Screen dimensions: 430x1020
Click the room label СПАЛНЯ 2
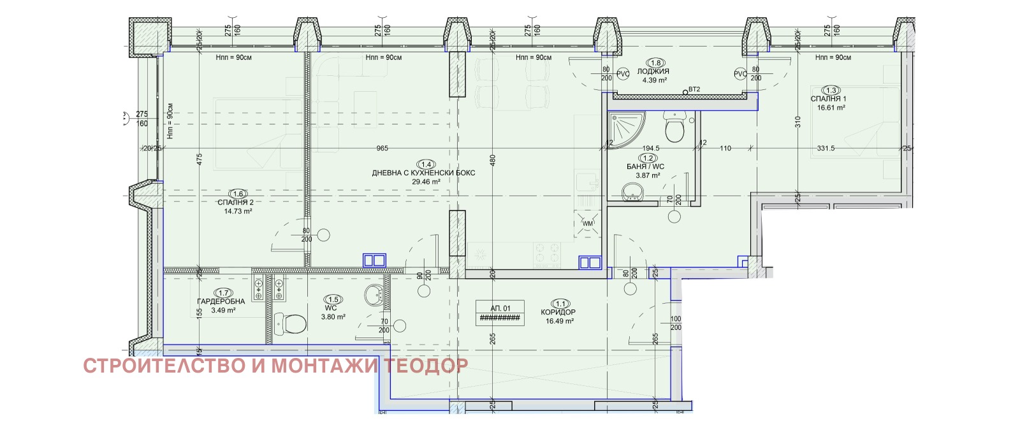[235, 202]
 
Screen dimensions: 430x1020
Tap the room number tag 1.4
[426, 165]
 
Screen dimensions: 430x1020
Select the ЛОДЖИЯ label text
[653, 71]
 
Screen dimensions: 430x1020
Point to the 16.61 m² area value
[831, 108]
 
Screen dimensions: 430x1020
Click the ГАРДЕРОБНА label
[221, 302]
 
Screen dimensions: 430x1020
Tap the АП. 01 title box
[500, 313]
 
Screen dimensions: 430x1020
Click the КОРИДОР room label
[558, 312]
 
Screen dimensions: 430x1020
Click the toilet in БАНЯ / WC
[674, 128]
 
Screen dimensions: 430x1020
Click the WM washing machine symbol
[587, 224]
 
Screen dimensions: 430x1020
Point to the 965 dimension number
[382, 148]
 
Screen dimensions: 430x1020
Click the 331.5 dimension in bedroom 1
[826, 148]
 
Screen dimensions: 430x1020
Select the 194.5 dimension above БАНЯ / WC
[651, 148]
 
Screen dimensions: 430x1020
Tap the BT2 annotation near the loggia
[694, 89]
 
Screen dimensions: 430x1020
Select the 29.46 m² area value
[426, 182]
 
